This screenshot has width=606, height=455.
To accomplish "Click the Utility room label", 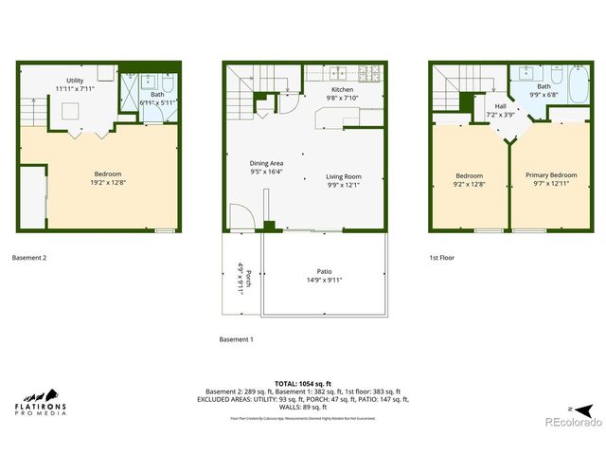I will pos(74,81).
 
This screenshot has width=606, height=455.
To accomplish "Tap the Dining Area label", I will pos(266,162).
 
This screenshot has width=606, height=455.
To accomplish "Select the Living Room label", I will pos(344,176).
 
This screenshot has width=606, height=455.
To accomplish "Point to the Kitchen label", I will pos(316,89).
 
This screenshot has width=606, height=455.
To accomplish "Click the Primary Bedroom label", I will pos(551,175).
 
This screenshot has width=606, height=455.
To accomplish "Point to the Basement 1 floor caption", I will pos(237,339).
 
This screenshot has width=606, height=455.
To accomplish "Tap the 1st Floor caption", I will pos(441,257).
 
